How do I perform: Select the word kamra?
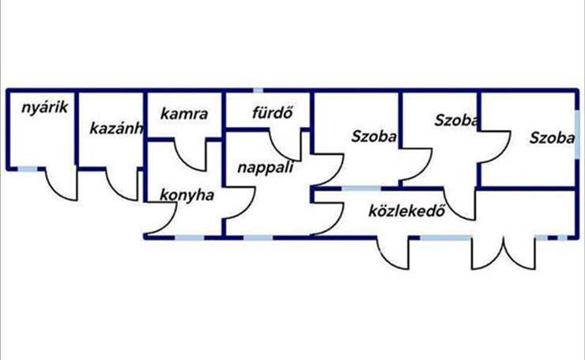(183, 114)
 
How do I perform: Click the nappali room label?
(266, 168)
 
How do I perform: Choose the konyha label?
(187, 195)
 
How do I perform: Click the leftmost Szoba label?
(373, 135)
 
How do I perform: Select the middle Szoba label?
(456, 120)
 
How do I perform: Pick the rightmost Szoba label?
(552, 137)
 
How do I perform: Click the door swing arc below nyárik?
(62, 184)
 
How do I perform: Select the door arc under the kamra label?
(190, 155)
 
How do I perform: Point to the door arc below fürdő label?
(285, 146)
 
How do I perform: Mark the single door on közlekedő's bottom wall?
(393, 252)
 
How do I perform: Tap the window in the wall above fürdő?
(258, 91)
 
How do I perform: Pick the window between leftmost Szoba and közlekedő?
(360, 188)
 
